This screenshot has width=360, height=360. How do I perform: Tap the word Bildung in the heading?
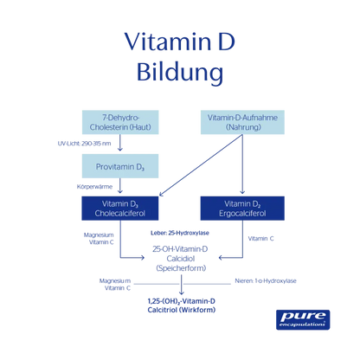(179, 72)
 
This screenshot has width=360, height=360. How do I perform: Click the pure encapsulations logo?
(302, 319)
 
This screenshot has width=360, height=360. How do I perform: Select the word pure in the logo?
(302, 315)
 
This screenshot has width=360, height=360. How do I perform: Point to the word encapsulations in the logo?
(302, 326)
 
